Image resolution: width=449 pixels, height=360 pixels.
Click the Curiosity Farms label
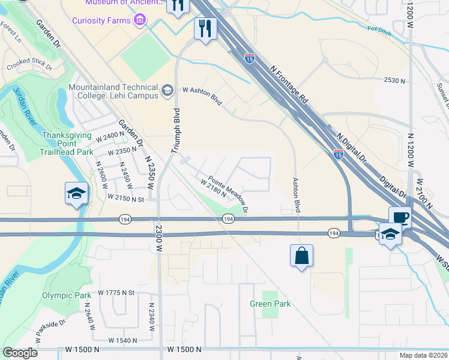102,21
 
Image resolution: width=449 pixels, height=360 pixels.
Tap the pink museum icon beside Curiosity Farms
141,21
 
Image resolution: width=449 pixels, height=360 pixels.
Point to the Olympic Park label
67,295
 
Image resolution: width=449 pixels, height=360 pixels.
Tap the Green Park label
270,304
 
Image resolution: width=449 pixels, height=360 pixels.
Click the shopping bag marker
302,256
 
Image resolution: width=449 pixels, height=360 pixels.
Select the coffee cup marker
400,217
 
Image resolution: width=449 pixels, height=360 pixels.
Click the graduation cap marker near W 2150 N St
77,193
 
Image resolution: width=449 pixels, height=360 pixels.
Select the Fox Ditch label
379,29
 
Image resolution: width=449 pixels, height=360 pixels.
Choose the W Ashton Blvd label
202,95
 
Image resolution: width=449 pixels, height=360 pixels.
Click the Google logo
20,353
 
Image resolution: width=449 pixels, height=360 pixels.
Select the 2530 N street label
394,80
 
